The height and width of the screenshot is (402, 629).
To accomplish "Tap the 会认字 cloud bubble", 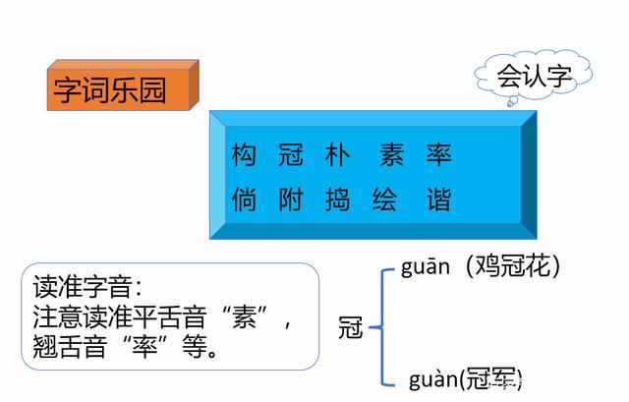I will pyautogui.click(x=534, y=74).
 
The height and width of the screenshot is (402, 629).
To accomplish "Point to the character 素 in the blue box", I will pyautogui.click(x=389, y=155).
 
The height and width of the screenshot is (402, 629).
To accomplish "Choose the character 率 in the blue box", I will pyautogui.click(x=438, y=155).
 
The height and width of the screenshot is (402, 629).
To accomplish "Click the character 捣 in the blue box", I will pyautogui.click(x=335, y=201).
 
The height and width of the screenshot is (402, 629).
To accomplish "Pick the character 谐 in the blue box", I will pyautogui.click(x=438, y=201).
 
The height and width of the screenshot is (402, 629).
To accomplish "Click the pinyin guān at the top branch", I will pyautogui.click(x=425, y=266).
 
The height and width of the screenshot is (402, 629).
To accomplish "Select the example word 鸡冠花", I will pyautogui.click(x=512, y=266).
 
